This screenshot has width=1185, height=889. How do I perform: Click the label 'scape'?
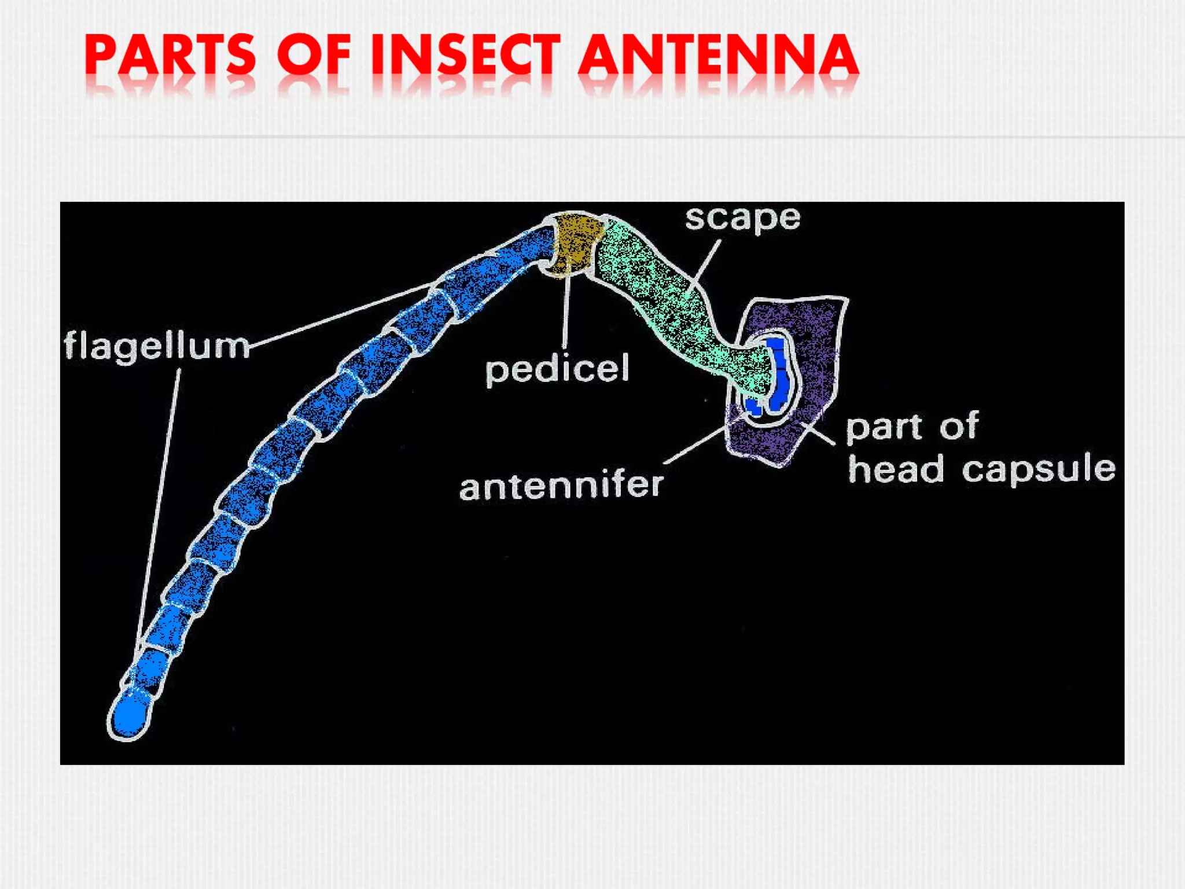tap(742, 219)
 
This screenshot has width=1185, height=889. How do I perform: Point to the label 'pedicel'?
tap(557, 369)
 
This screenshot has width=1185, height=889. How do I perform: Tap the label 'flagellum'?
tap(156, 346)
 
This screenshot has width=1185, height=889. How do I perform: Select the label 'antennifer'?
tap(561, 486)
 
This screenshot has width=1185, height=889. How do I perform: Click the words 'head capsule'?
tap(981, 469)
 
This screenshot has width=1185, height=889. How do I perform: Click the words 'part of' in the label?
tap(912, 427)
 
